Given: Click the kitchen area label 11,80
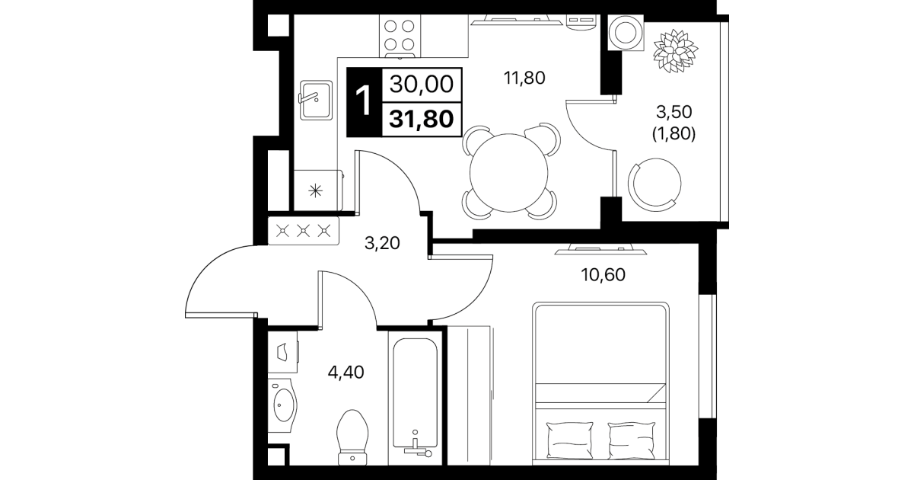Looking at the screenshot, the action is point(524,78).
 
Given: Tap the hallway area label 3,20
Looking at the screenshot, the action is point(382,244).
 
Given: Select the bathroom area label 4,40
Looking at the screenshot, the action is point(346,372).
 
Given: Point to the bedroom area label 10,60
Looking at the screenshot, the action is point(603,275).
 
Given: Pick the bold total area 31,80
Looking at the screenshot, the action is point(422,119).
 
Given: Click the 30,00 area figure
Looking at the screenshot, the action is point(422,84).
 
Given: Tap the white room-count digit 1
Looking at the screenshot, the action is point(363,101).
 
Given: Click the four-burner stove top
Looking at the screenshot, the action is point(400,37).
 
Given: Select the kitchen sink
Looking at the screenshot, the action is point(316,100).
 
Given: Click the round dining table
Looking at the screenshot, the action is point(508,173).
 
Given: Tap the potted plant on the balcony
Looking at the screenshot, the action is point(675,51).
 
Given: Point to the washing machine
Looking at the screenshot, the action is point(626,33).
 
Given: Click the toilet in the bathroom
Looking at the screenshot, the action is point(352,437).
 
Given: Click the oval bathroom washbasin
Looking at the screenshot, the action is point(282,405).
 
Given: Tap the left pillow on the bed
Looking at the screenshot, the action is point(569,440).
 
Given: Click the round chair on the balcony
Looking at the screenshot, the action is point(654,182).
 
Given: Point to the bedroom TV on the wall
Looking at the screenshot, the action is point(600,249).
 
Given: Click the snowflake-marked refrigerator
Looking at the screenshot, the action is point(318,190).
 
